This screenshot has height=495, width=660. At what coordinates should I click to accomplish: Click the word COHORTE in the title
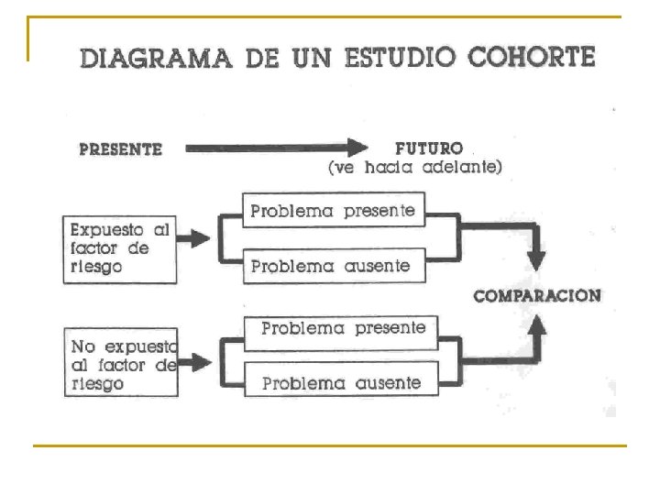(531, 57)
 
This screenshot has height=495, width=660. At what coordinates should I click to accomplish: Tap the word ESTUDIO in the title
(399, 58)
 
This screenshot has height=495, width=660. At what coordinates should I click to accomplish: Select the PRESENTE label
(120, 148)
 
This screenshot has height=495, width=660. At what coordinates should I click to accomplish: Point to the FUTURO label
(428, 148)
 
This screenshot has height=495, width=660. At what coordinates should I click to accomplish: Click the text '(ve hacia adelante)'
(415, 168)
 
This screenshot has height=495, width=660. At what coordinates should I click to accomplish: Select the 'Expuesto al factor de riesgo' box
(120, 248)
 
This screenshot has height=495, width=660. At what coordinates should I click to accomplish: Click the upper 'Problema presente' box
(333, 211)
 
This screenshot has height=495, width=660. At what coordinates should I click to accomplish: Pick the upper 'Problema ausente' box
(333, 266)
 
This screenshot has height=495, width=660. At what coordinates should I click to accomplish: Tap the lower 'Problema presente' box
(342, 328)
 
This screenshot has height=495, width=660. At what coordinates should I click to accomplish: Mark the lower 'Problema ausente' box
(341, 382)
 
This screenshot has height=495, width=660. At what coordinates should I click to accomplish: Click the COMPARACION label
(537, 296)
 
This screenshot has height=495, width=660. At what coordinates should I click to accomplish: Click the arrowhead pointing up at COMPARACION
(538, 326)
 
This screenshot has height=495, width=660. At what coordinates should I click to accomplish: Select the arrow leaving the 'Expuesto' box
(193, 239)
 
